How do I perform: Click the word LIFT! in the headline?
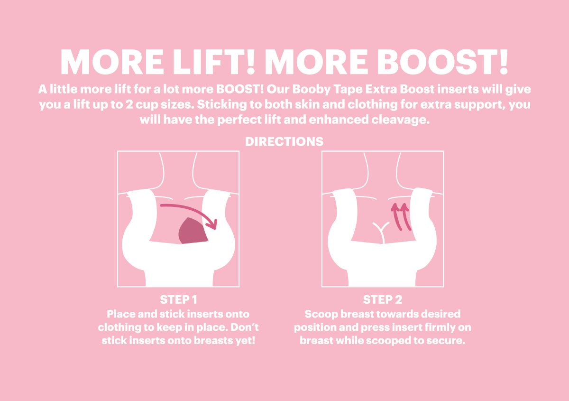tap(208, 61)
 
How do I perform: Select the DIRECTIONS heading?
tap(284, 141)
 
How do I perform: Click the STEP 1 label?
tap(178, 299)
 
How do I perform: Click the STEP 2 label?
tap(382, 299)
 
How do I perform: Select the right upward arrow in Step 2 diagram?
tap(404, 216)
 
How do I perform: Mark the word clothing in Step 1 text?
tap(118, 327)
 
